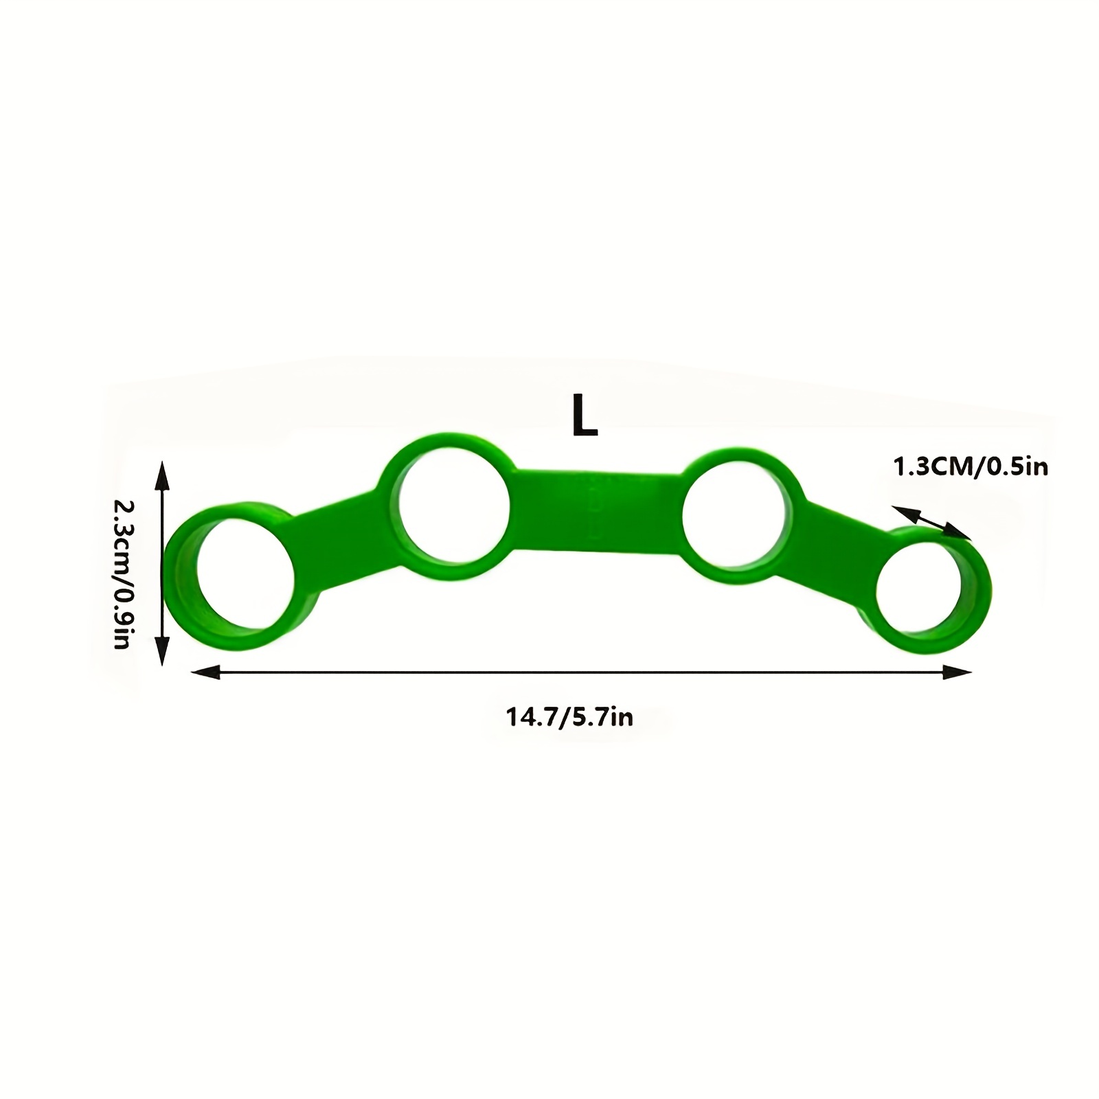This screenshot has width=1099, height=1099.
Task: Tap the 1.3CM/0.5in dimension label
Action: [970, 468]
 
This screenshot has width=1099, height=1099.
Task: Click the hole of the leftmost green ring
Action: [247, 576]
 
